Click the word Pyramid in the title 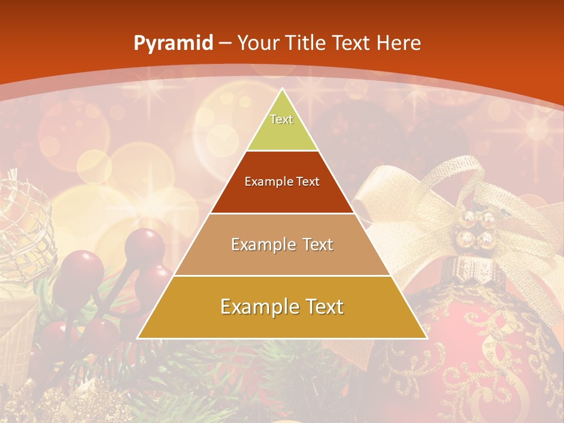click(173, 43)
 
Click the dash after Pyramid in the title click(225, 43)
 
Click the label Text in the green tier click(281, 119)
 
